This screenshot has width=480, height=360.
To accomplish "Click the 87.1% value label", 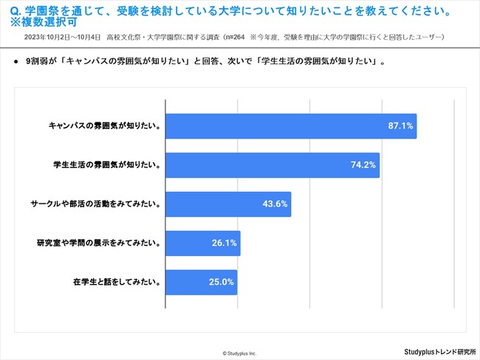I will pyautogui.click(x=401, y=126).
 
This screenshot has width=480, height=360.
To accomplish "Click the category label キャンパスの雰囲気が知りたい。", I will pyautogui.click(x=104, y=125).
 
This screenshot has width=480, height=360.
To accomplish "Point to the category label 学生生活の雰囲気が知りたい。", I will pyautogui.click(x=108, y=165).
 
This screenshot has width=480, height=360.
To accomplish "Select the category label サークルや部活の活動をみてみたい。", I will pyautogui.click(x=96, y=204).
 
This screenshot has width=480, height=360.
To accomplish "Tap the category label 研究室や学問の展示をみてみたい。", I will pyautogui.click(x=98, y=243).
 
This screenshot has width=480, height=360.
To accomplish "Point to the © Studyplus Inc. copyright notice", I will pyautogui.click(x=239, y=353).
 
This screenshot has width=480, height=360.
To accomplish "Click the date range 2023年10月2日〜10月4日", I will pyautogui.click(x=61, y=37).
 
